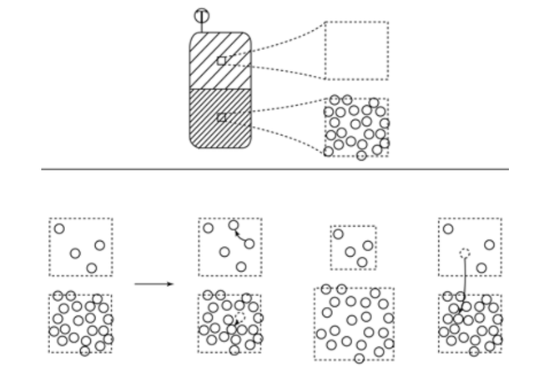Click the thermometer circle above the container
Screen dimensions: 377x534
(201, 15)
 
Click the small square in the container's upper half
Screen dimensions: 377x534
(221, 61)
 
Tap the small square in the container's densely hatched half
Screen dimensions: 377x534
(221, 118)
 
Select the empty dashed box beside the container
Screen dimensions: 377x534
(356, 51)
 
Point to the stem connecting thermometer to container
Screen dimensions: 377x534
(201, 28)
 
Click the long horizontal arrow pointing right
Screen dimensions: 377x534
(154, 284)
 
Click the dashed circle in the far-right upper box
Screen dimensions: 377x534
(465, 252)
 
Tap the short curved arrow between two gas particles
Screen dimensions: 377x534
(241, 235)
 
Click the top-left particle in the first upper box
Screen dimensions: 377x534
(59, 229)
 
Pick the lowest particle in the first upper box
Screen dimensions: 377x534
(92, 268)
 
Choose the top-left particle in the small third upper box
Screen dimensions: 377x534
(339, 234)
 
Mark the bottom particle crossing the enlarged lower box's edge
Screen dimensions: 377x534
(360, 359)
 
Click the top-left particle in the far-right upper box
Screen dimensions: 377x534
(448, 229)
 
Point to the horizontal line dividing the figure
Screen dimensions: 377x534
(275, 169)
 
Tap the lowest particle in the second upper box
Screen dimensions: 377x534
(241, 267)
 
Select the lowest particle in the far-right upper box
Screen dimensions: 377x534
(481, 268)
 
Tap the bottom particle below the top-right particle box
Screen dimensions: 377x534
(361, 155)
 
